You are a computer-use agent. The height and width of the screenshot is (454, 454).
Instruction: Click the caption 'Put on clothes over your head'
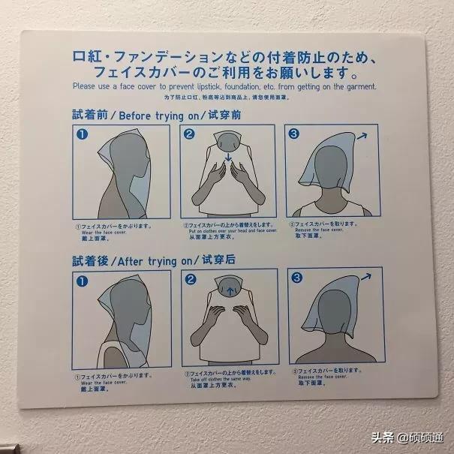pyautogui.click(x=225, y=232)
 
